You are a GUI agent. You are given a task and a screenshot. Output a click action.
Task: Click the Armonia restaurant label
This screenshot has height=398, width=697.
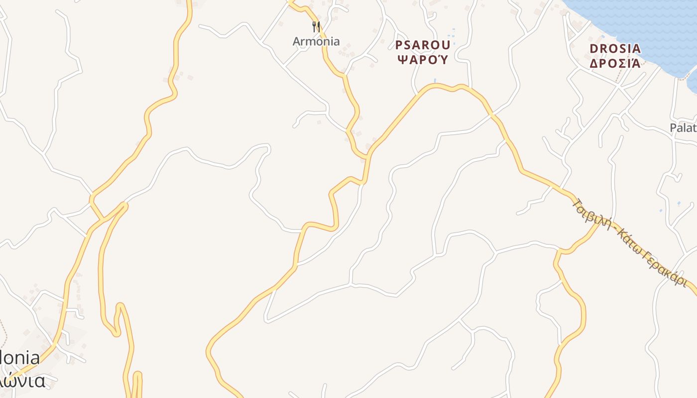316,41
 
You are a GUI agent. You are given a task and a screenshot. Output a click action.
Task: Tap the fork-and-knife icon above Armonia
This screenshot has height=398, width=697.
316,26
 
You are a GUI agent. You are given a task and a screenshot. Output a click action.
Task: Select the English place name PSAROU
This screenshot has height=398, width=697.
423,45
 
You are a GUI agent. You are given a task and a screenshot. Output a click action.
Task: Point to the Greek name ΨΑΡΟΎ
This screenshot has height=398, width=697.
423,60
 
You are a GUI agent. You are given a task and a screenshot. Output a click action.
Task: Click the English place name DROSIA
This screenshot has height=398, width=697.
615,49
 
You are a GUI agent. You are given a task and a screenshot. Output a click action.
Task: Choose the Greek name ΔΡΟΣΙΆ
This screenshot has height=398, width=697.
615,64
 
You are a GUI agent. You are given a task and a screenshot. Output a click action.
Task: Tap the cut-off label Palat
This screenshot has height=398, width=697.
683,128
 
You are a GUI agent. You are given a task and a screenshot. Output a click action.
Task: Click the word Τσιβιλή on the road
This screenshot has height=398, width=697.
592,214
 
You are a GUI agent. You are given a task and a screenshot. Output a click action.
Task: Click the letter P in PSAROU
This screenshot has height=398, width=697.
399,45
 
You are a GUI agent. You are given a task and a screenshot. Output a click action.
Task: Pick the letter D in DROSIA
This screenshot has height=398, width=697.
593,49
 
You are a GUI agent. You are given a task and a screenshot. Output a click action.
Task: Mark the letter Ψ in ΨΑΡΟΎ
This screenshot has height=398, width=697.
400,60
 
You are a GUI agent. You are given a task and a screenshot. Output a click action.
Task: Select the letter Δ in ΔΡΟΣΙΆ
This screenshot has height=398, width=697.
593,64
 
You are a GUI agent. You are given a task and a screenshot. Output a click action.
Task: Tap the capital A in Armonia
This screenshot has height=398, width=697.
297,41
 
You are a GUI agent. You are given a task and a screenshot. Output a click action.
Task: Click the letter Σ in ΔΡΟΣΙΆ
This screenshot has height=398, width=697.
620,64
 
